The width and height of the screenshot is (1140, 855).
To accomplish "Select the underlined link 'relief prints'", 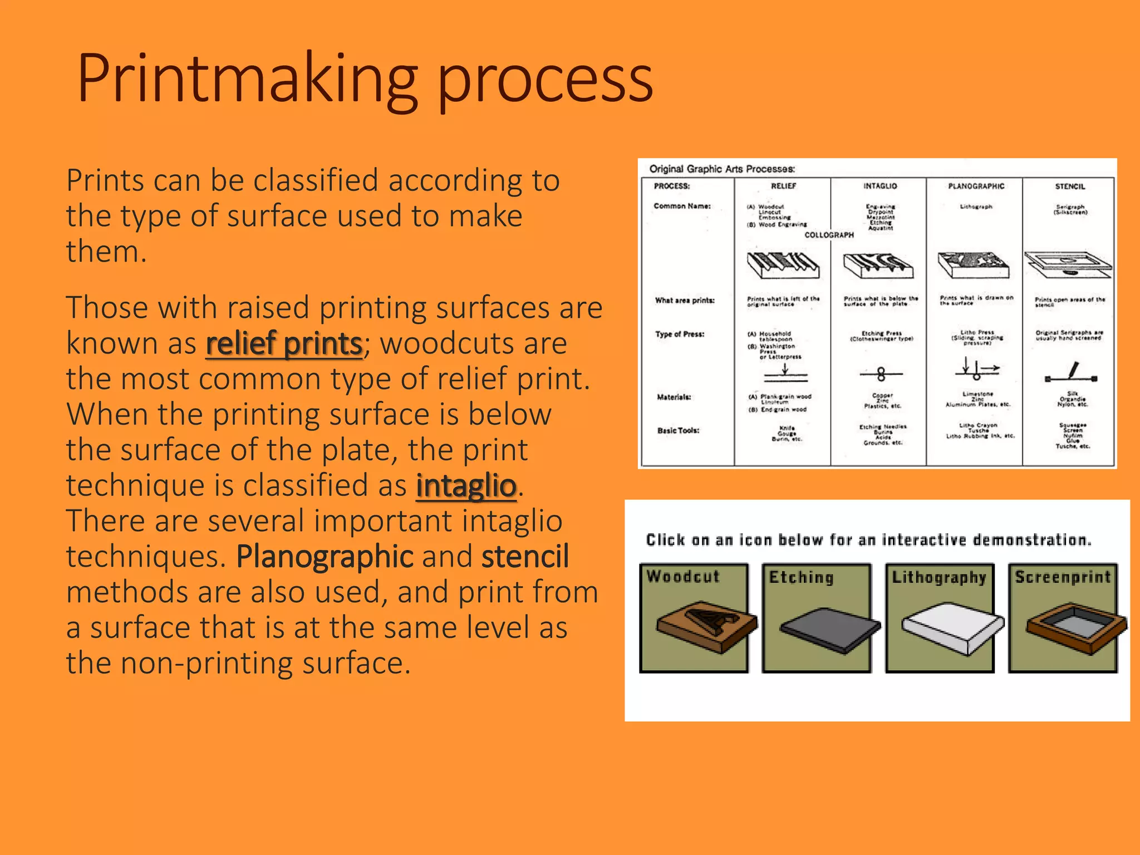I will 284,343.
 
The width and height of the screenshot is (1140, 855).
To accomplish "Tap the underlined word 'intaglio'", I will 466,485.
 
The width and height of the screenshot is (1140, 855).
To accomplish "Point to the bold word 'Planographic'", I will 325,556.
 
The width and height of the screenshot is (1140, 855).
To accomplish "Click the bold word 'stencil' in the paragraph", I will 525,556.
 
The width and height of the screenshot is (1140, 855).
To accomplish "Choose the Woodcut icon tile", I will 694,618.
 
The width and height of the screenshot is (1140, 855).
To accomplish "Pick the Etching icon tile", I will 817,618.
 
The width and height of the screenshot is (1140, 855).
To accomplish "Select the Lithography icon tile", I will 940,618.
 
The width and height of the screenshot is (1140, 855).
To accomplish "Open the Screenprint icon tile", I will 1063,618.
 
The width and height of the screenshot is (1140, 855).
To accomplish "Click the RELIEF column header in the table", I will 783,186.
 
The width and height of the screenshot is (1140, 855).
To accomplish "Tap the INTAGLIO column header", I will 880,186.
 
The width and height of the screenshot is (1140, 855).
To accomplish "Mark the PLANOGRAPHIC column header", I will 976,186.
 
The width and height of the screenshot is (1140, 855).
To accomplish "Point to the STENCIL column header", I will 1070,186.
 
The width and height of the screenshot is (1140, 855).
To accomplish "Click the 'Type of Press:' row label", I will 680,334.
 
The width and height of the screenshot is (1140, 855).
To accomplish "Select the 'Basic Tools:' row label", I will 678,430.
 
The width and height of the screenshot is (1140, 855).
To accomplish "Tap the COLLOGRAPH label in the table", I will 829,235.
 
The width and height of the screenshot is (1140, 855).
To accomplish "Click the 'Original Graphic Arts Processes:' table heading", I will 722,169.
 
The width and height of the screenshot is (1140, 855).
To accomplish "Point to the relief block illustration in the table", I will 783,264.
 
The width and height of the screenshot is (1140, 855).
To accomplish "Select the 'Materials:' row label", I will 674,397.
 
